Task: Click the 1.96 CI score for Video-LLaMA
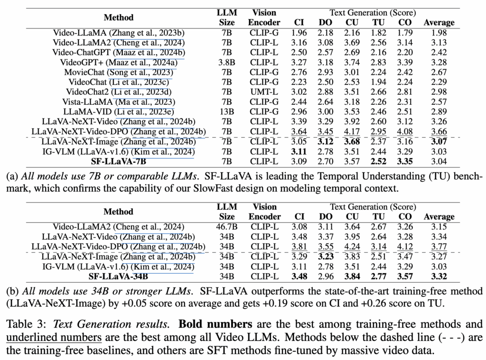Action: (299, 33)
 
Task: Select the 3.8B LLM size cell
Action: (226, 62)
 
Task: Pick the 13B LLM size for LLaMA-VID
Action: (226, 111)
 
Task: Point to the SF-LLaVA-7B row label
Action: (118, 161)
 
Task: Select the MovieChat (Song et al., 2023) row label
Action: (118, 72)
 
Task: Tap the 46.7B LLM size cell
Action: (226, 227)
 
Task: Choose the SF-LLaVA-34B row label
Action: (118, 277)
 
